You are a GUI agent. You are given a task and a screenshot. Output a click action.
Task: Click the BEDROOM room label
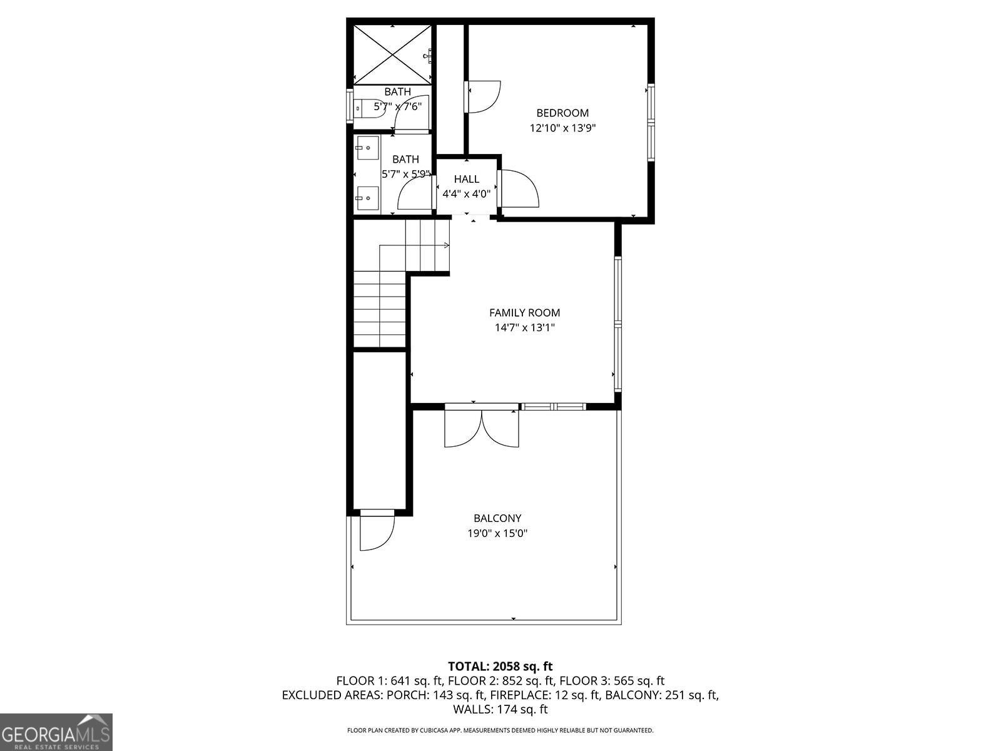562,113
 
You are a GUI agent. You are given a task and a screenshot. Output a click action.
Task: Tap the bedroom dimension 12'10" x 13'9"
562,128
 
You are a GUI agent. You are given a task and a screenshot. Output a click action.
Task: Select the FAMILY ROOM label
524,313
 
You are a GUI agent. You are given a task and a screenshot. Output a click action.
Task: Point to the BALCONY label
497,518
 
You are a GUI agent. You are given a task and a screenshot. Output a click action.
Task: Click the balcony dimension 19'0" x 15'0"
497,534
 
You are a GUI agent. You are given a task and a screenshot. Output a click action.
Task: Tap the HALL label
467,180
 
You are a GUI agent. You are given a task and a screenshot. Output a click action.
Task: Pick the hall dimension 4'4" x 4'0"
467,194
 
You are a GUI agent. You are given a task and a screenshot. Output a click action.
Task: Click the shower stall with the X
392,54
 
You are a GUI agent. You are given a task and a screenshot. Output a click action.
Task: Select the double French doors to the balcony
482,427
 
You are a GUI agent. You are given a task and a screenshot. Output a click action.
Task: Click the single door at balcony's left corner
375,531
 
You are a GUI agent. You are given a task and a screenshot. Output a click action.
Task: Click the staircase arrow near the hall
445,245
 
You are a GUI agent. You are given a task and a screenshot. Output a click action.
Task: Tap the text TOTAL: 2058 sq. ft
500,667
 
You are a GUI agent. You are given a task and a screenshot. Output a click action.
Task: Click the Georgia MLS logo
56,732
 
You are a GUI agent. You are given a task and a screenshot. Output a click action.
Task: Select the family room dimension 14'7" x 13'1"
524,328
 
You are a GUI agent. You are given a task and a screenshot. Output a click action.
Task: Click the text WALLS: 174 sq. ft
500,710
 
